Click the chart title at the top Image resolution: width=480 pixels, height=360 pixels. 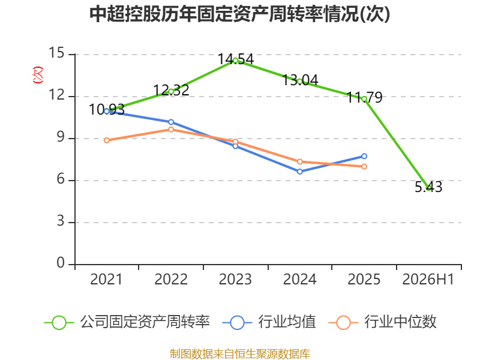pos(239,14)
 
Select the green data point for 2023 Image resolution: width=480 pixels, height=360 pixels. pos(235,61)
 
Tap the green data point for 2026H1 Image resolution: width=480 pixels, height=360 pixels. pos(428,188)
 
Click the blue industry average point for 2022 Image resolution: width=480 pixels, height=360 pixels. pos(171,122)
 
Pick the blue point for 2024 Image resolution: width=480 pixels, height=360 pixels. pos(299,172)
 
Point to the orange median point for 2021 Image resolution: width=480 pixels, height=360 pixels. pos(107,140)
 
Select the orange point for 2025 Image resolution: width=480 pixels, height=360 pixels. pos(364,167)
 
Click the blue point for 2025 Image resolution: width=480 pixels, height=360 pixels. pos(364,157)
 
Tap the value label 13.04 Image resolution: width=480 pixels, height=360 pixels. pos(300,80)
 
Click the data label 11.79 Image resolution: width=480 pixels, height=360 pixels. pos(364,98)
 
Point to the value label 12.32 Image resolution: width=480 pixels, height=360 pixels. pos(171,90)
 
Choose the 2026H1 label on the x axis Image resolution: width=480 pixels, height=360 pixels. pos(428,279)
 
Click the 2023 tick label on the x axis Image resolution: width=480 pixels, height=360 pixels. pos(235,279)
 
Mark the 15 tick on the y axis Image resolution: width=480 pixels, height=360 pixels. pos(56,53)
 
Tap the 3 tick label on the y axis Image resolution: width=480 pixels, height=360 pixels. pos(61,221)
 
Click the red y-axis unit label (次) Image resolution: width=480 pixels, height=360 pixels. pos(38,75)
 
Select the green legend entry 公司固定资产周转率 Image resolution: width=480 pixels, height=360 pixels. pos(127,322)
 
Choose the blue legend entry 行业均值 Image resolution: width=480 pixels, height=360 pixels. pos(269,322)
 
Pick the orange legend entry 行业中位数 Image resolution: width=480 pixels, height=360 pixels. pos(382,322)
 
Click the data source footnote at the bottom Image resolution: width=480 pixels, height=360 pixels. pos(240,354)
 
